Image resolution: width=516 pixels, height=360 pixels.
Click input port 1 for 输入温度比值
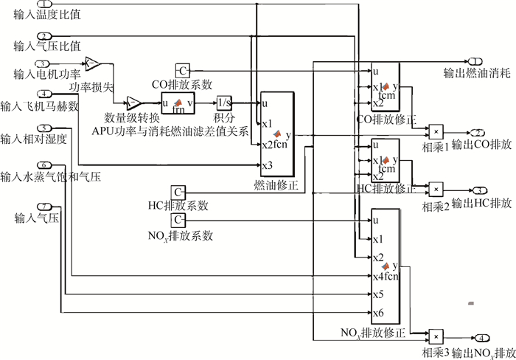(x=46, y=5)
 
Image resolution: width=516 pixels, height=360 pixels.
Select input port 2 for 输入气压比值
(x=46, y=36)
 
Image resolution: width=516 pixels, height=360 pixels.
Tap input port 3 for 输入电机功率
(x=46, y=63)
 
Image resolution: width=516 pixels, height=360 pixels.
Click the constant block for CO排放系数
(x=183, y=70)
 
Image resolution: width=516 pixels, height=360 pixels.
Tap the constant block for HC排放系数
(x=179, y=192)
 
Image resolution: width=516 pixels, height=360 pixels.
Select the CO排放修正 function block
(x=385, y=88)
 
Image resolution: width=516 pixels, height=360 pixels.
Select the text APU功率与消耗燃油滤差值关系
(x=170, y=131)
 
